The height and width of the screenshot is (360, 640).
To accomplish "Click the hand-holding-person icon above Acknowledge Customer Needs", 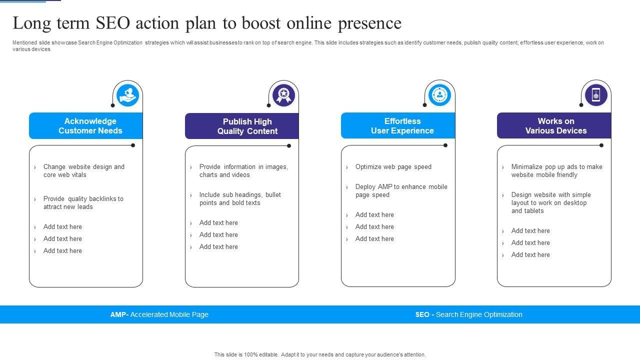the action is coord(127,95).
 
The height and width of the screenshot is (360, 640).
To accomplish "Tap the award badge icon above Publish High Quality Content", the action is coord(283,95).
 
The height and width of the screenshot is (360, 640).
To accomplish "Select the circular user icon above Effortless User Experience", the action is coord(439,95).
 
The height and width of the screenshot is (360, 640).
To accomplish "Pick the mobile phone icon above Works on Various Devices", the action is coord(595,95).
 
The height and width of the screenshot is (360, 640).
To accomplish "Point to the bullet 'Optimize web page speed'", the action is coord(393,167).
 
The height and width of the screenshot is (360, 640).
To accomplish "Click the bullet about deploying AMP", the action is coord(401,190).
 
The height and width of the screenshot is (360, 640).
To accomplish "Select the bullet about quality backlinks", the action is coord(83,202).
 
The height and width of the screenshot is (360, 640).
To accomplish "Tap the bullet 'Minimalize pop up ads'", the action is coord(556,170).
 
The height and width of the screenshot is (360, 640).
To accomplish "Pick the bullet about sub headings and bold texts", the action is coord(240,198).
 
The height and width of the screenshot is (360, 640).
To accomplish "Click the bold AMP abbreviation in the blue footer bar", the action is coord(118,314).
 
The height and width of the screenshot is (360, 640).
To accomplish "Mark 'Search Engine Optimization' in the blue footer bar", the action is coord(479,314).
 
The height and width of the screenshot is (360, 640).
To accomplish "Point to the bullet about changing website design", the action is coord(83,170).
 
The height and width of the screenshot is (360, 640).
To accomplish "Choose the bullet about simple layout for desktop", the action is coord(550,202).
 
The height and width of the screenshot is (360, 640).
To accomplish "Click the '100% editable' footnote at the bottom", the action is coord(320,354).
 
